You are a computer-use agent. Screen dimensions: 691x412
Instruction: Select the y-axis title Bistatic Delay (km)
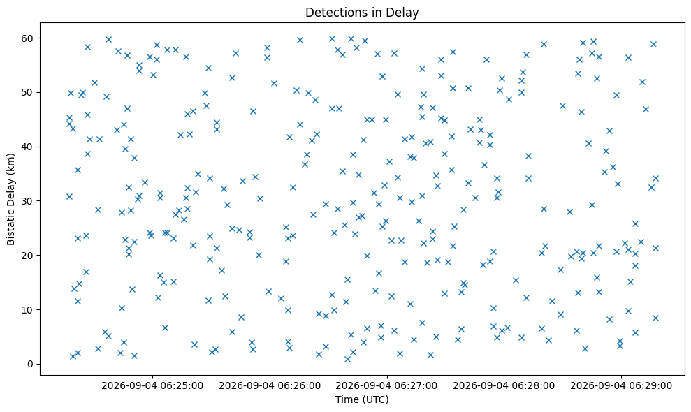(10, 199)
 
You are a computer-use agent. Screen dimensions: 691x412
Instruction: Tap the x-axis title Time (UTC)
(362, 399)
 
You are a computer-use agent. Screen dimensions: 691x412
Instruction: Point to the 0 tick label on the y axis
(31, 364)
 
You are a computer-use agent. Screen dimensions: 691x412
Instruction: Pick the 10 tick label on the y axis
(28, 310)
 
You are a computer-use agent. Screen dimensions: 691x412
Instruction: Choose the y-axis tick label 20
(28, 256)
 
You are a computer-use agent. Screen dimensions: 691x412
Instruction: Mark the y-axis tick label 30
(28, 201)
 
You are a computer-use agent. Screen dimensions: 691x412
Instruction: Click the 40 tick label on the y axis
(28, 147)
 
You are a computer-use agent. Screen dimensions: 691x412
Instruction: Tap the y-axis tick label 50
(28, 93)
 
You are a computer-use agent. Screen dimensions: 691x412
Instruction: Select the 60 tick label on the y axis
(28, 38)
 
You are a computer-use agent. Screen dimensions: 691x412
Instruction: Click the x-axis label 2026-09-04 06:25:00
(152, 386)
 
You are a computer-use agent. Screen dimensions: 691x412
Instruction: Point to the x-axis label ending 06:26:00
(270, 386)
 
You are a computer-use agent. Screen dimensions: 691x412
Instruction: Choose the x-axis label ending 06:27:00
(387, 386)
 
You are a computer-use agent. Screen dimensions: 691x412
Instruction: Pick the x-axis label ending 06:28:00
(504, 386)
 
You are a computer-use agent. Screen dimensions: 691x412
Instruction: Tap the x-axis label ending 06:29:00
(621, 386)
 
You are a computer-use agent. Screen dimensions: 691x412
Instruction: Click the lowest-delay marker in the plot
(347, 359)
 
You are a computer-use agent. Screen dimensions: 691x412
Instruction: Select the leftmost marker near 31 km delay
(69, 196)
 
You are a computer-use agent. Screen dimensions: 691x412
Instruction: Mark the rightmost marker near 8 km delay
(655, 318)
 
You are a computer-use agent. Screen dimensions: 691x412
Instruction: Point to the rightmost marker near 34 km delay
(655, 179)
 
